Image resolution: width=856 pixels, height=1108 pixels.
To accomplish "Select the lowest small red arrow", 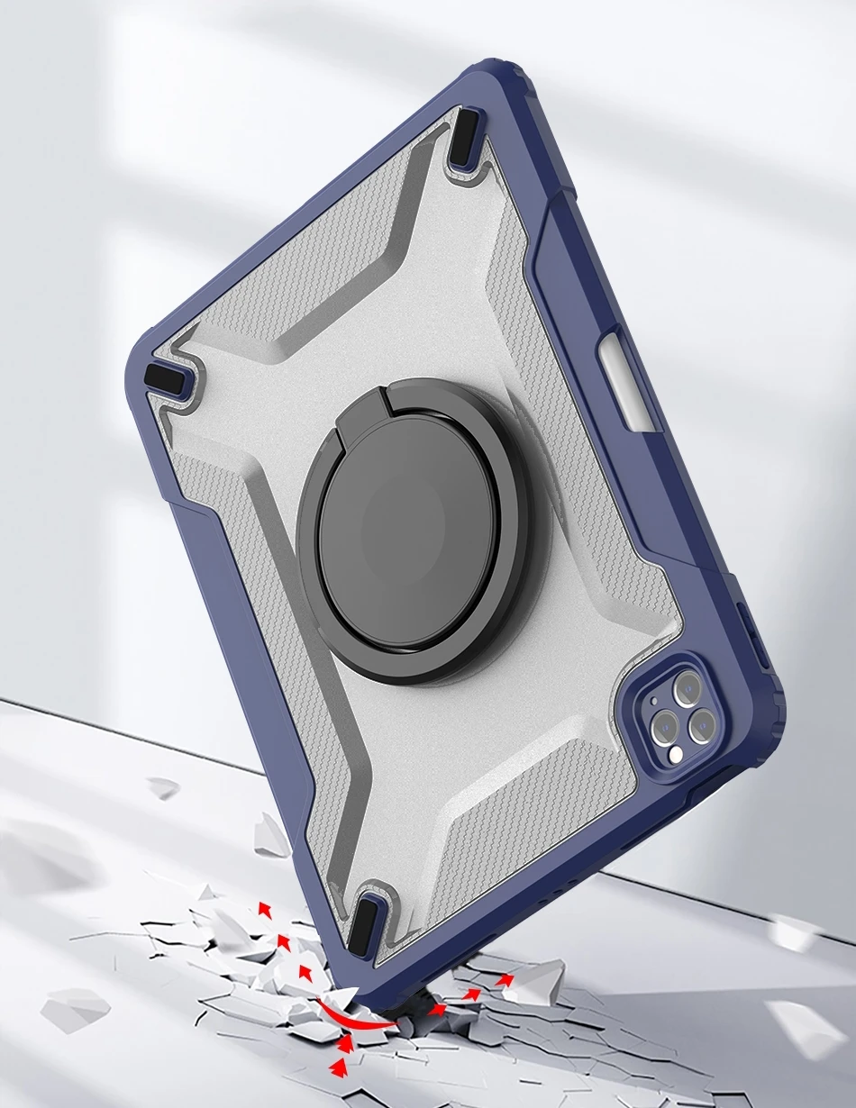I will [340, 1067].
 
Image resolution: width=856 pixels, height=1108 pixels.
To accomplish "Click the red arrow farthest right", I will [505, 978].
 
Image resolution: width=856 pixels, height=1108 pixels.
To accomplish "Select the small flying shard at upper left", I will [163, 788].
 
